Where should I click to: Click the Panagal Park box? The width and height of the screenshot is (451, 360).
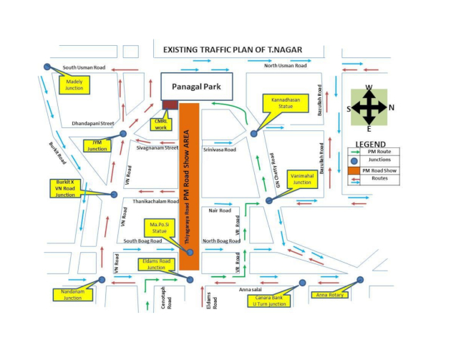coord(196,87)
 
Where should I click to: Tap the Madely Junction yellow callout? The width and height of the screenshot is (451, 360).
coord(74,85)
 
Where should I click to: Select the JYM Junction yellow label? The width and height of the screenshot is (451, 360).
coord(97,146)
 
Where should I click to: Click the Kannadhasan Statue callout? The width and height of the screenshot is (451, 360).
coord(286,103)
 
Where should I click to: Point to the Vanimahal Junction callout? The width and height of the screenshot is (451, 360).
coord(302,179)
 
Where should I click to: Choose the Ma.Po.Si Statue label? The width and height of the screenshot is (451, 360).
coord(160,228)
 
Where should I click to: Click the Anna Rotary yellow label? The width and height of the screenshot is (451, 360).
coord(329,295)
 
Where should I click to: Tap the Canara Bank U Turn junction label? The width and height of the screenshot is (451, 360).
coord(269,301)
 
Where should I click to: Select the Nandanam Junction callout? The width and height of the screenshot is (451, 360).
coord(73,295)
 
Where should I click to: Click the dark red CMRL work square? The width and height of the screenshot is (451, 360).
coord(170,105)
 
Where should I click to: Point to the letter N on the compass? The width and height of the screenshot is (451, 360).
coord(391,107)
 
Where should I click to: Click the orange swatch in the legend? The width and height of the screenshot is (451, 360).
coord(354,170)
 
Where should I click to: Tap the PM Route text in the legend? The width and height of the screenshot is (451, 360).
coord(379,152)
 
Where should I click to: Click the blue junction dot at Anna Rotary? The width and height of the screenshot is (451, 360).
coord(360,280)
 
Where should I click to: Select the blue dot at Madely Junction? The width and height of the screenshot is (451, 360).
coord(47,67)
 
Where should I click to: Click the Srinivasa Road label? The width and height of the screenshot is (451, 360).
coord(220,150)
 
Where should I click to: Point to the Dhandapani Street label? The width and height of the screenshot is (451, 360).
coord(93,123)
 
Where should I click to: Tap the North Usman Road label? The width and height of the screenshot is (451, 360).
coord(286,66)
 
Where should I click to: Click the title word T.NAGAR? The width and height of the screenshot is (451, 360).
coord(285,50)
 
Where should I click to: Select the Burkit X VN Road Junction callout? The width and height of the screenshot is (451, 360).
coord(65,188)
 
